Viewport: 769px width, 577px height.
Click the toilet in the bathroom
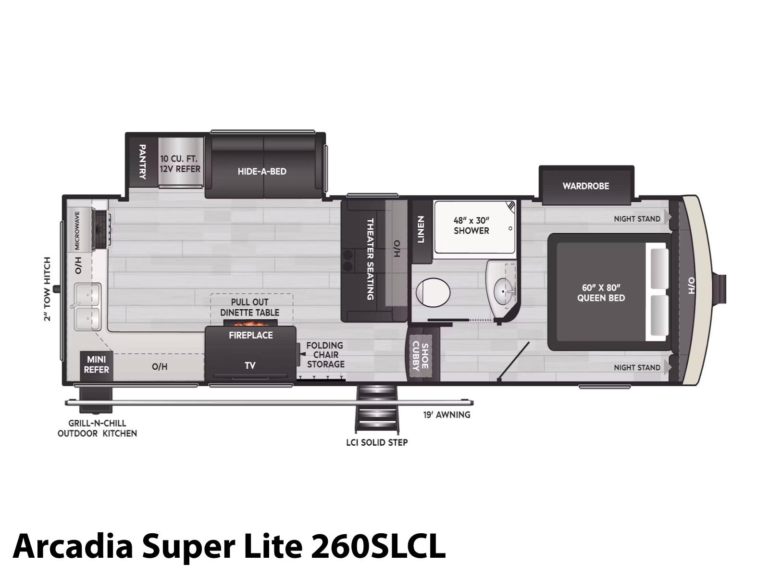(433, 293)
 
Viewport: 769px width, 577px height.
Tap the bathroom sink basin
(505, 290)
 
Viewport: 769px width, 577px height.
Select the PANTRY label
(143, 162)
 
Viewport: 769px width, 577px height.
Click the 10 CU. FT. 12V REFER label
(180, 163)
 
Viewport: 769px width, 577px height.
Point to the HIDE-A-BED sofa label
(262, 171)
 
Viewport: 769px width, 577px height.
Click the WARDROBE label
(586, 186)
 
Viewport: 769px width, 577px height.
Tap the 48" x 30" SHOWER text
(471, 226)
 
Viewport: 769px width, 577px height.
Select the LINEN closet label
(421, 229)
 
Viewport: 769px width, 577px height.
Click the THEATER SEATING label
(370, 259)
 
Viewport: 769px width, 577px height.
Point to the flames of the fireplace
(250, 323)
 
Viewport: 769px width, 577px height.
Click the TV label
(250, 366)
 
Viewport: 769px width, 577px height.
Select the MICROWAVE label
(77, 230)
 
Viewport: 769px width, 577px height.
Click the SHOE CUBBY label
(420, 356)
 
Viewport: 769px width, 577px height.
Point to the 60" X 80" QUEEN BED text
(601, 293)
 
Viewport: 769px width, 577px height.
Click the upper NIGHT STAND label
(637, 219)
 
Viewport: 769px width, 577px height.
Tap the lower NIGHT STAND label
(637, 367)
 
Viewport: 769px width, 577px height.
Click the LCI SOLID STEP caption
(377, 442)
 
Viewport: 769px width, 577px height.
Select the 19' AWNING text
(447, 415)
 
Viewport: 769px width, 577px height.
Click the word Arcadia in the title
(73, 546)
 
